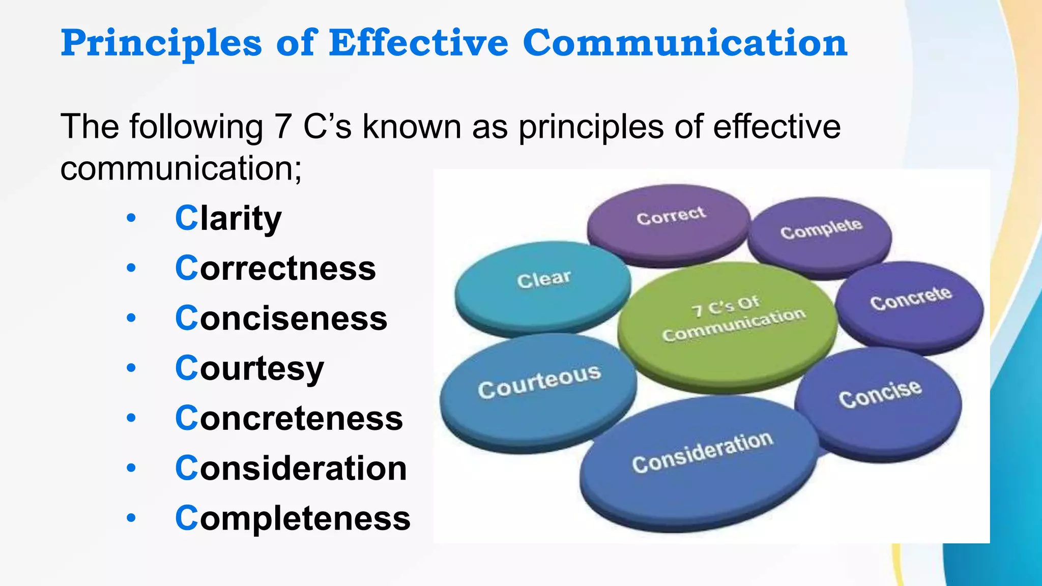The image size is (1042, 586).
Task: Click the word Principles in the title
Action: [x=161, y=43]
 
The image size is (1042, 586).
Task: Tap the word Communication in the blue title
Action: [x=685, y=43]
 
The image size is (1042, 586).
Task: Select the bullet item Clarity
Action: [x=228, y=218]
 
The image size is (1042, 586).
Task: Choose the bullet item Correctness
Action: [x=275, y=268]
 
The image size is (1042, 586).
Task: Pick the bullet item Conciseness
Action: [x=281, y=318]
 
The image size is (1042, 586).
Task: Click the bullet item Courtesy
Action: [x=249, y=368]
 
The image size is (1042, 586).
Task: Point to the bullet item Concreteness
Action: [x=289, y=418]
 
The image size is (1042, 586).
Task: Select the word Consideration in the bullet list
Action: [x=291, y=468]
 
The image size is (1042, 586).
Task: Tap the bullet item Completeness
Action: [x=293, y=518]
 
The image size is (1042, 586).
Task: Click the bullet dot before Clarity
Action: [x=131, y=218]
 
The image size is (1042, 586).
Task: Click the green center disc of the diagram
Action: [x=728, y=326]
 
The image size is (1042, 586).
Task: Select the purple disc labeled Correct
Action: [x=669, y=221]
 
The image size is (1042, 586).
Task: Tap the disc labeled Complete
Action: [x=820, y=234]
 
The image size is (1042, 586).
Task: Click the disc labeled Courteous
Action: [x=538, y=389]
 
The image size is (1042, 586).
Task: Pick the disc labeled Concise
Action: [x=879, y=399]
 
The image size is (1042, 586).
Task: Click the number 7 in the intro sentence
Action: [x=283, y=127]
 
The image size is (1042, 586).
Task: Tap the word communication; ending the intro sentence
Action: [x=181, y=168]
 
